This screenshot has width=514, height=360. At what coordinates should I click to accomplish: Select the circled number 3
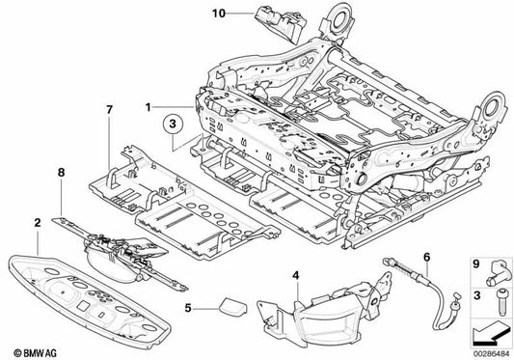tap(171, 123)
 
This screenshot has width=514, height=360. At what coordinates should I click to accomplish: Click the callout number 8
tap(62, 175)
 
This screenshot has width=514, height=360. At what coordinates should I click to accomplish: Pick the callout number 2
tap(36, 222)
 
